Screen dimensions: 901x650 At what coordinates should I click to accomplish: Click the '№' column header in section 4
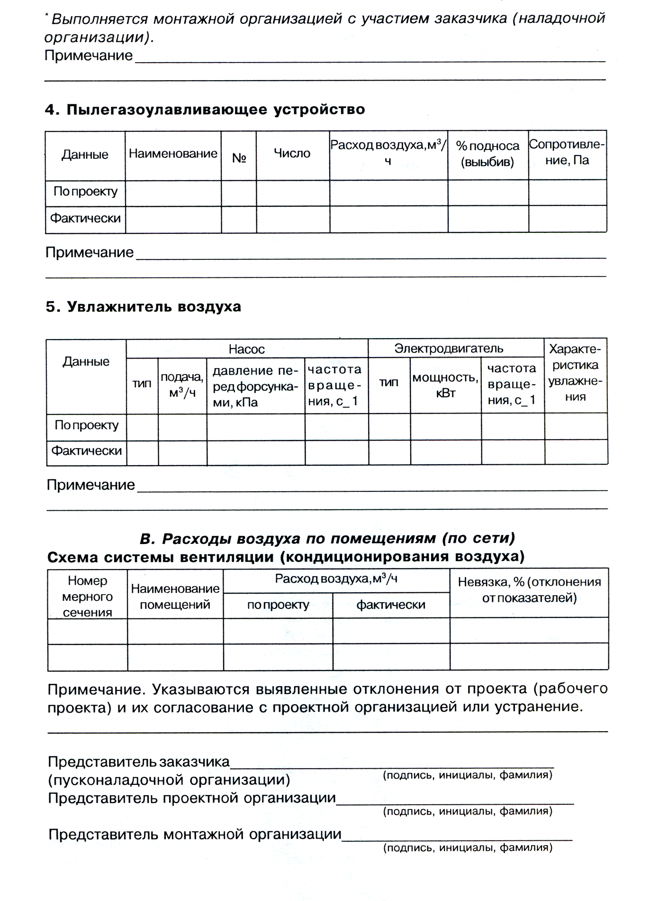[x=239, y=157]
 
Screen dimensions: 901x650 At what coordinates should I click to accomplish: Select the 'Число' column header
[x=292, y=153]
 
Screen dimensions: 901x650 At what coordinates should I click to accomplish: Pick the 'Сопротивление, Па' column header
[x=567, y=152]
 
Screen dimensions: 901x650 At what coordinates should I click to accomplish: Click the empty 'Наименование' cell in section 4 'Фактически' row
[x=173, y=219]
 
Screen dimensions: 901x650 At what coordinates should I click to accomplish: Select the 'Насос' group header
[x=246, y=349]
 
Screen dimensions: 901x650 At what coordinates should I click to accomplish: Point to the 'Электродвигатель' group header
[x=449, y=349]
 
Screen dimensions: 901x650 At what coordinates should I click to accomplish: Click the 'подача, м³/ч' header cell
[x=182, y=385]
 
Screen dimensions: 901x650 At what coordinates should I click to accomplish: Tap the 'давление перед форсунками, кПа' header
[x=255, y=386]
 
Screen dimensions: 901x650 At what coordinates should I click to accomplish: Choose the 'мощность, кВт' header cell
[x=445, y=385]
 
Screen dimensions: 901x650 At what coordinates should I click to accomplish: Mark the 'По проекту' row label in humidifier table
[x=86, y=425]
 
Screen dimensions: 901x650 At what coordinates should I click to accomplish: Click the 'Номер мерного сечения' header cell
[x=88, y=596]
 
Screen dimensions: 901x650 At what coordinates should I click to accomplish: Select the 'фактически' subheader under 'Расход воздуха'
[x=391, y=605]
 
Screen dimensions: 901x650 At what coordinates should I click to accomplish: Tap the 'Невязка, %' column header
[x=529, y=589]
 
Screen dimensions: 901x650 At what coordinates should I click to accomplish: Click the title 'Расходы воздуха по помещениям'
[x=327, y=539]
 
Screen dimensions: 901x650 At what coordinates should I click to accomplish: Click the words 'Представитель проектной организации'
[x=192, y=798]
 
